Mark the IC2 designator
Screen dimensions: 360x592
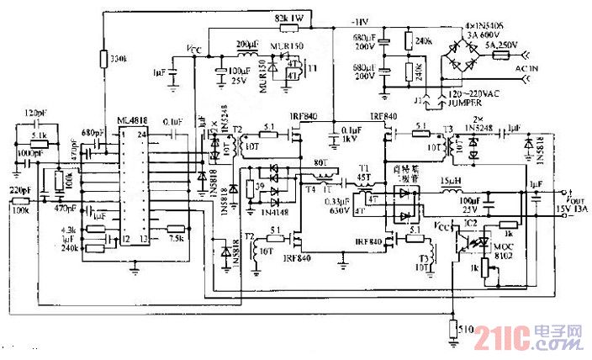(x=470, y=223)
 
